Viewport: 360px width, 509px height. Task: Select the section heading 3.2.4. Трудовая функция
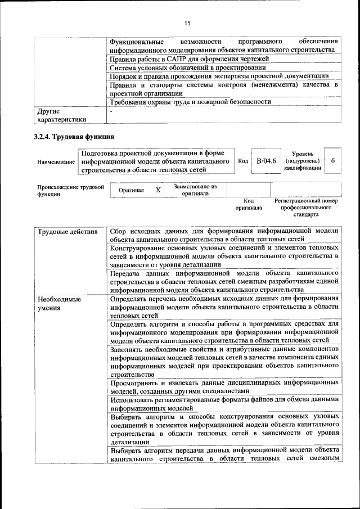pos(75,137)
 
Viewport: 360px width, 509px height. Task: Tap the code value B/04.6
pos(266,161)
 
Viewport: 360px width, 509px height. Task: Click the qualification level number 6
pos(333,161)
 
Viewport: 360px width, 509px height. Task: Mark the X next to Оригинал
pos(158,190)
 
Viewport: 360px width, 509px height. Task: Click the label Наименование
pos(56,161)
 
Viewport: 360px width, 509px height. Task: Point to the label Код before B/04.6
pos(243,161)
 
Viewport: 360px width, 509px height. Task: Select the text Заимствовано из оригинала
pos(195,190)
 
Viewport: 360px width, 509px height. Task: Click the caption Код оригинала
pos(249,204)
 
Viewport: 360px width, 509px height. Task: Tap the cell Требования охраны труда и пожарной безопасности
pos(190,102)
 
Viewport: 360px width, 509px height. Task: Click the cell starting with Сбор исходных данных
pos(224,235)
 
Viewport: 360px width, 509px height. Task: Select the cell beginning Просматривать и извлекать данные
pos(224,387)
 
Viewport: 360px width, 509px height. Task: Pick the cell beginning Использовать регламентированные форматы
pos(224,404)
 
